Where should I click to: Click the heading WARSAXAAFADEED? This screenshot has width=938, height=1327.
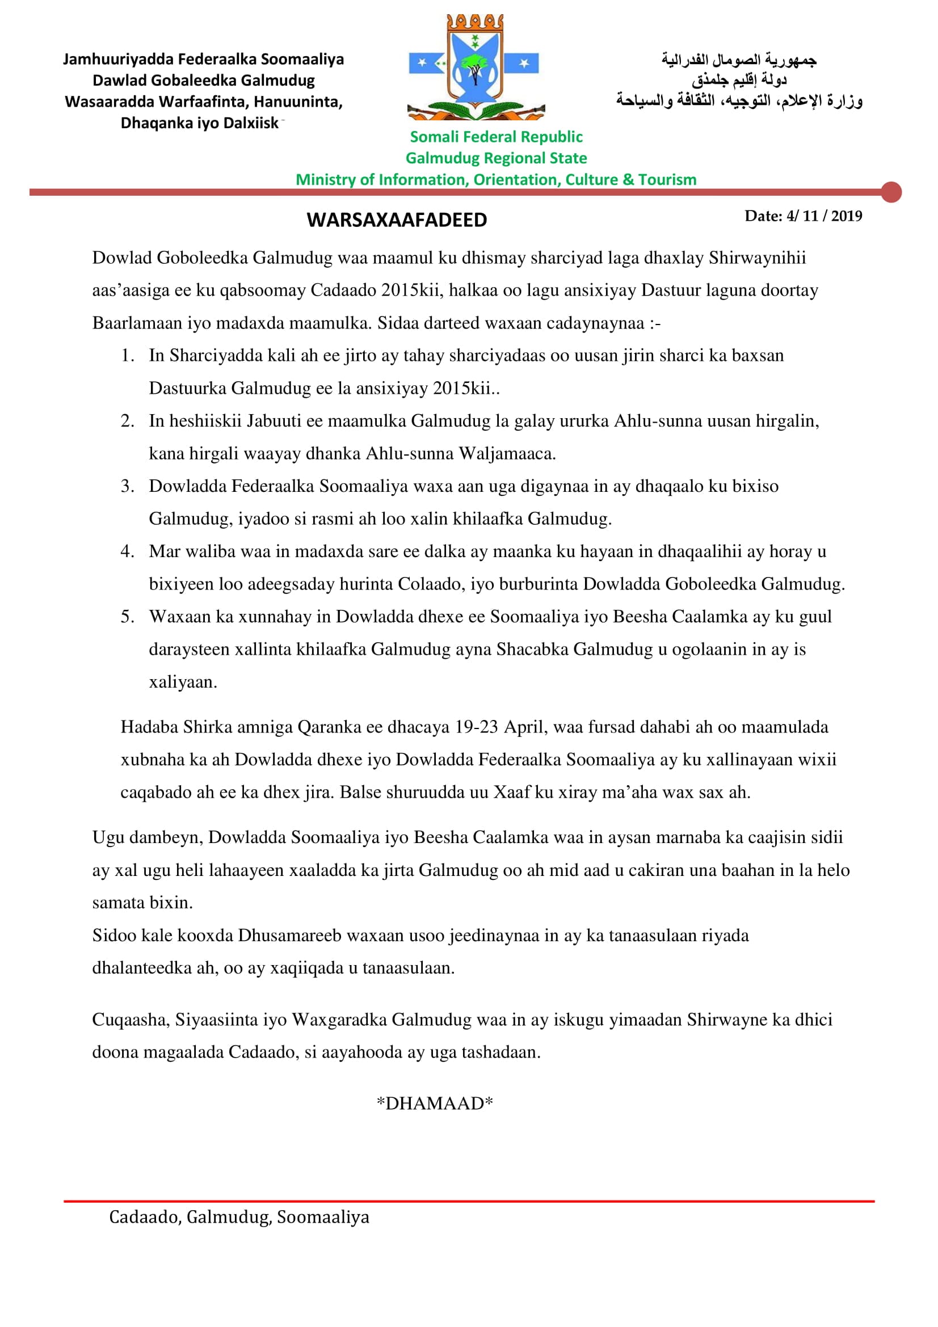[x=397, y=220]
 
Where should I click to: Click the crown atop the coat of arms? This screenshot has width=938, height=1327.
[x=475, y=23]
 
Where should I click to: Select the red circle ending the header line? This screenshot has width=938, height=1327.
[x=892, y=192]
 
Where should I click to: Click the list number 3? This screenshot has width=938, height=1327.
[x=127, y=486]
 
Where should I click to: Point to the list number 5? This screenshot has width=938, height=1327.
[x=127, y=617]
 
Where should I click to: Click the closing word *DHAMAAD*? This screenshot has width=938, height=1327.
[x=435, y=1103]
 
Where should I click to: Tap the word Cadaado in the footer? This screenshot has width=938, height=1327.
[x=145, y=1217]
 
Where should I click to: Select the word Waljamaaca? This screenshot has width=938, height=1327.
[x=507, y=454]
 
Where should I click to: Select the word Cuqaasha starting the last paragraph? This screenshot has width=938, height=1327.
[x=131, y=1020]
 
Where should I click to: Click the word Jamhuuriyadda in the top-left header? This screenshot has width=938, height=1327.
[x=118, y=60]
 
